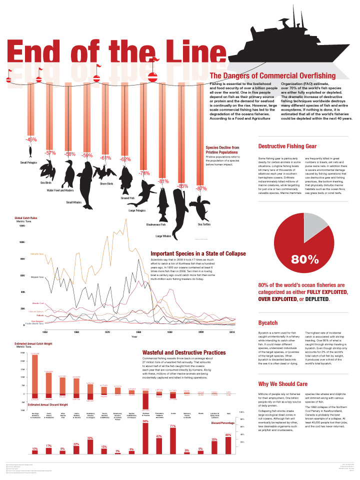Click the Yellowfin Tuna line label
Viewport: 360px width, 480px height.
tap(37, 254)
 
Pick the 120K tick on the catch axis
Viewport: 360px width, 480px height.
tap(22, 226)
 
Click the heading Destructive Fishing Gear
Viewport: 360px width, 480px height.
tap(287, 146)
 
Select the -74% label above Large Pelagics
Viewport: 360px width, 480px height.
tap(144, 173)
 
